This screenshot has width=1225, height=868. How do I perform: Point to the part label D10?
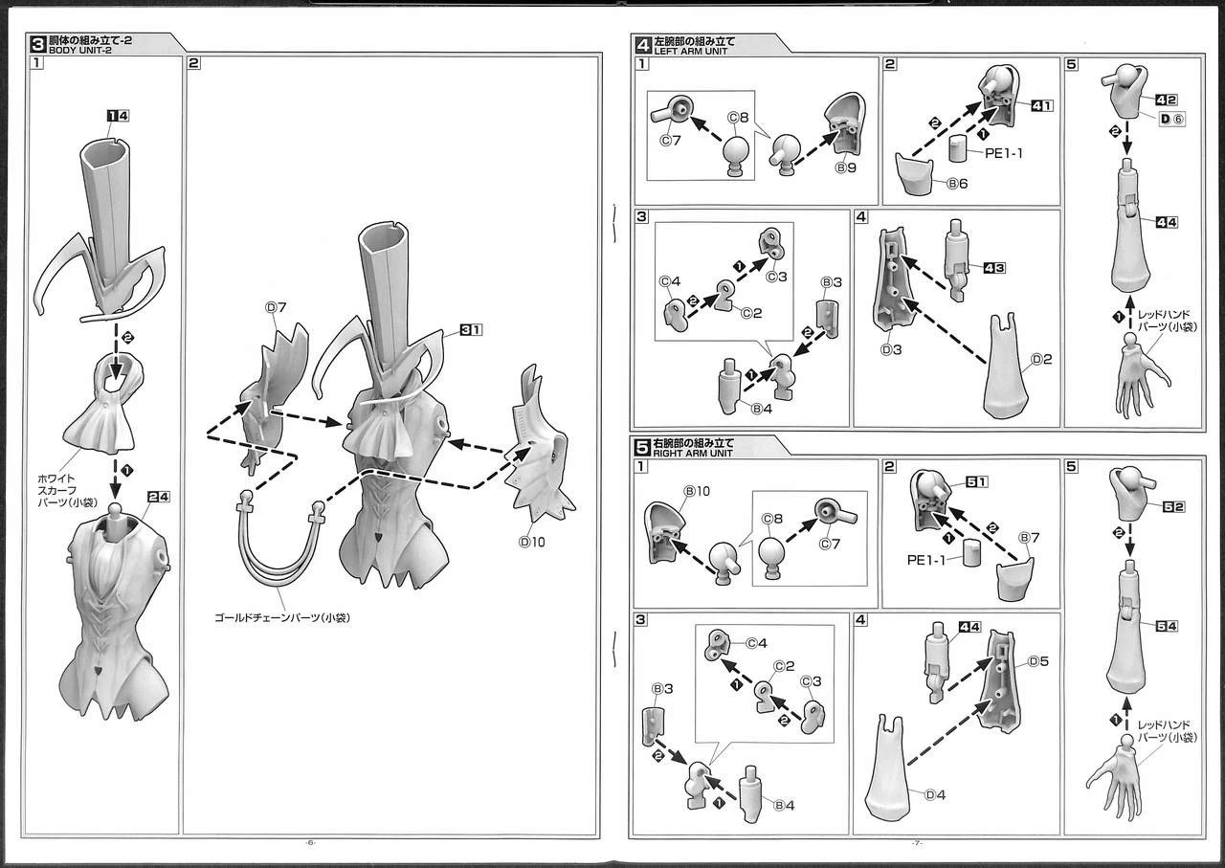click(531, 542)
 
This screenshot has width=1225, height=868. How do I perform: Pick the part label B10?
click(695, 491)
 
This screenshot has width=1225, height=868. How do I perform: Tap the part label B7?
click(1029, 538)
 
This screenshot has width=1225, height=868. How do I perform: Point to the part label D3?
click(891, 350)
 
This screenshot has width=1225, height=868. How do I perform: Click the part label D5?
click(1039, 661)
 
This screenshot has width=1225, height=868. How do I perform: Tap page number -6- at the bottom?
click(310, 843)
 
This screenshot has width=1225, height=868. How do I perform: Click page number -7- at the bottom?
click(916, 843)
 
